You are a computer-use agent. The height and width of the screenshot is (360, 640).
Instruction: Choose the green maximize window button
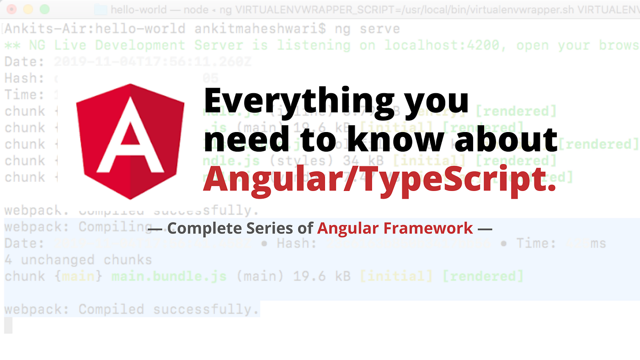click(x=44, y=9)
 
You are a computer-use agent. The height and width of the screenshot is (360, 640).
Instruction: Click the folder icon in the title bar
click(x=101, y=9)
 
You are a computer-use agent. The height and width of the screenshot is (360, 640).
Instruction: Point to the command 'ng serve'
click(x=367, y=29)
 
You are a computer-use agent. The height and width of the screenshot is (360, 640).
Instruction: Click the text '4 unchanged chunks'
click(x=78, y=260)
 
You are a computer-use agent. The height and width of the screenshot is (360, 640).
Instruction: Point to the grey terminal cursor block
click(x=8, y=325)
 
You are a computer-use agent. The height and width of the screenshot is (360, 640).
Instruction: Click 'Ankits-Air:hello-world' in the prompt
click(x=95, y=29)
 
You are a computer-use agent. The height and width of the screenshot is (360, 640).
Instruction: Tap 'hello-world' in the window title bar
click(x=139, y=9)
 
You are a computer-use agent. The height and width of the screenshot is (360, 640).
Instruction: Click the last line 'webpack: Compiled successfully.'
click(x=132, y=309)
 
